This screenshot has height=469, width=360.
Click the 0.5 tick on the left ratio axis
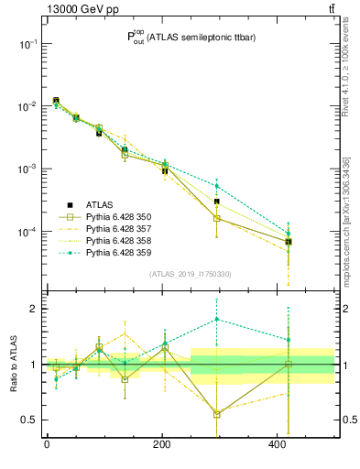(27, 420)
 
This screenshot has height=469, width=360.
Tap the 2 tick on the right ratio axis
(345, 309)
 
